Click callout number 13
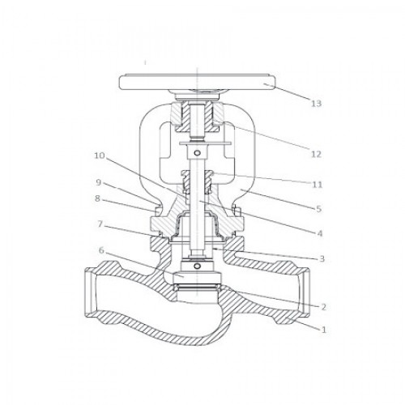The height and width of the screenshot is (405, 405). coord(316,104)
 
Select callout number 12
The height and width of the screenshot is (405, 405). coord(316,155)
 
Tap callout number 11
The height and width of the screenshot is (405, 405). coord(318,185)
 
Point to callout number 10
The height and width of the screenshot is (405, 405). coord(100,156)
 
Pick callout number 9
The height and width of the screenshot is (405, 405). coord(99,182)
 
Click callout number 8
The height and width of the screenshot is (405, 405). coord(97,198)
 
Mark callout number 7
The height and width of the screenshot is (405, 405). coord(100,224)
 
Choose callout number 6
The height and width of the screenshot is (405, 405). coord(101,250)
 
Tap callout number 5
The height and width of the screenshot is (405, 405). coord(319,209)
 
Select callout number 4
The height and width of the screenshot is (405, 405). coord(320,233)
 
